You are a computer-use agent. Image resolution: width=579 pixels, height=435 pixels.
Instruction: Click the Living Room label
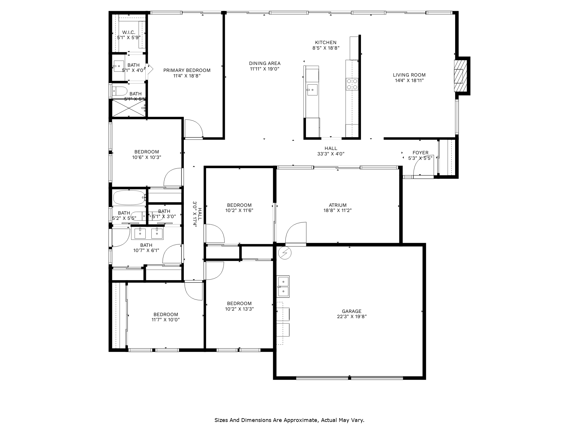(409, 75)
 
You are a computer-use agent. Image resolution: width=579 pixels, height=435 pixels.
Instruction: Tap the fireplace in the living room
(460, 76)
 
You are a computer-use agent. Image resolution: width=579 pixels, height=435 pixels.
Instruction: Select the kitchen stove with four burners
(352, 84)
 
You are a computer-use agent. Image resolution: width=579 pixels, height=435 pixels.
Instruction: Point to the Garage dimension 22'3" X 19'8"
(351, 317)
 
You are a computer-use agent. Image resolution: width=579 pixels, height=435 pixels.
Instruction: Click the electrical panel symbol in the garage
(285, 253)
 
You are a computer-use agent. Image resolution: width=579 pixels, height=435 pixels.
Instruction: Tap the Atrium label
(338, 205)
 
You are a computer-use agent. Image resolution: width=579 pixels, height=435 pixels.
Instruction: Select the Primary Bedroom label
(187, 70)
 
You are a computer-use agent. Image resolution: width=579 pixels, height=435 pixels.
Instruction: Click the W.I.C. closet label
(129, 32)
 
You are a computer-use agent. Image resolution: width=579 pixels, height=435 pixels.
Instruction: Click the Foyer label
(420, 153)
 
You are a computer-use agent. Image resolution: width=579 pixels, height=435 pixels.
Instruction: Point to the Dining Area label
(265, 63)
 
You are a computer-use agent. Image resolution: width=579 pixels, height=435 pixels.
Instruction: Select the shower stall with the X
(129, 108)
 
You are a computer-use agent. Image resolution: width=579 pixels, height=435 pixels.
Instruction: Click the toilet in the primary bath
(120, 91)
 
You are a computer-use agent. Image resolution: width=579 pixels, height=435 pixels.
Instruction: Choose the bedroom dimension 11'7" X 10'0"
(166, 320)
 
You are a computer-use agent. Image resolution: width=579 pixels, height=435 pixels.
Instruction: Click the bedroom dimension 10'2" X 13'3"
(239, 309)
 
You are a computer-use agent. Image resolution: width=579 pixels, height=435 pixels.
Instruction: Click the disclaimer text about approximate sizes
(289, 420)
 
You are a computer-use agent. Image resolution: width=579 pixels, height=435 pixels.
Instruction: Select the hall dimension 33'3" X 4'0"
(331, 154)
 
